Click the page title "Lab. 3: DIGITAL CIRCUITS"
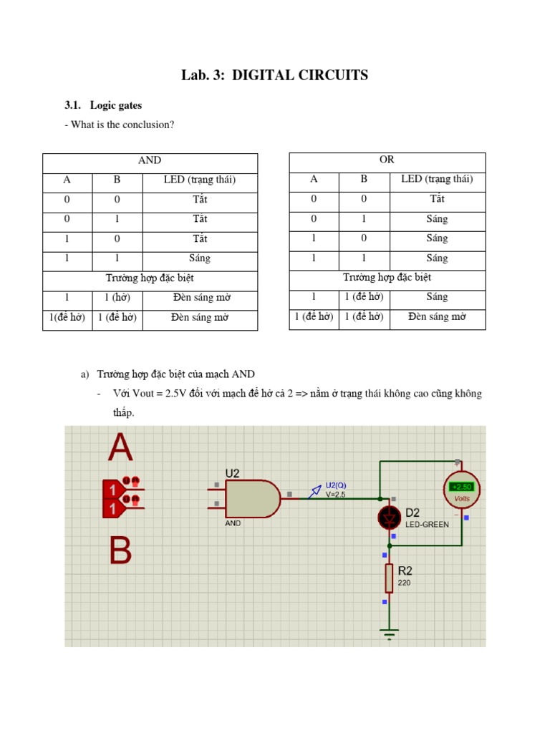[x=274, y=75]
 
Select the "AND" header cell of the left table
[x=150, y=160]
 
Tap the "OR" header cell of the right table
[x=387, y=160]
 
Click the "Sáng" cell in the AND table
[x=200, y=258]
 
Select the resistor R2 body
[x=389, y=578]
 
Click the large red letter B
[x=120, y=551]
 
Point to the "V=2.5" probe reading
[x=336, y=495]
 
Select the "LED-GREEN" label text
[x=427, y=525]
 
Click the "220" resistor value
[x=405, y=583]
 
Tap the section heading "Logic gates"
[x=117, y=106]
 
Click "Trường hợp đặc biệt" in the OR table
[x=387, y=278]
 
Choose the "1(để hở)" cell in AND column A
[x=67, y=317]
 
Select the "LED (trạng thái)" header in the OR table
[x=437, y=180]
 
